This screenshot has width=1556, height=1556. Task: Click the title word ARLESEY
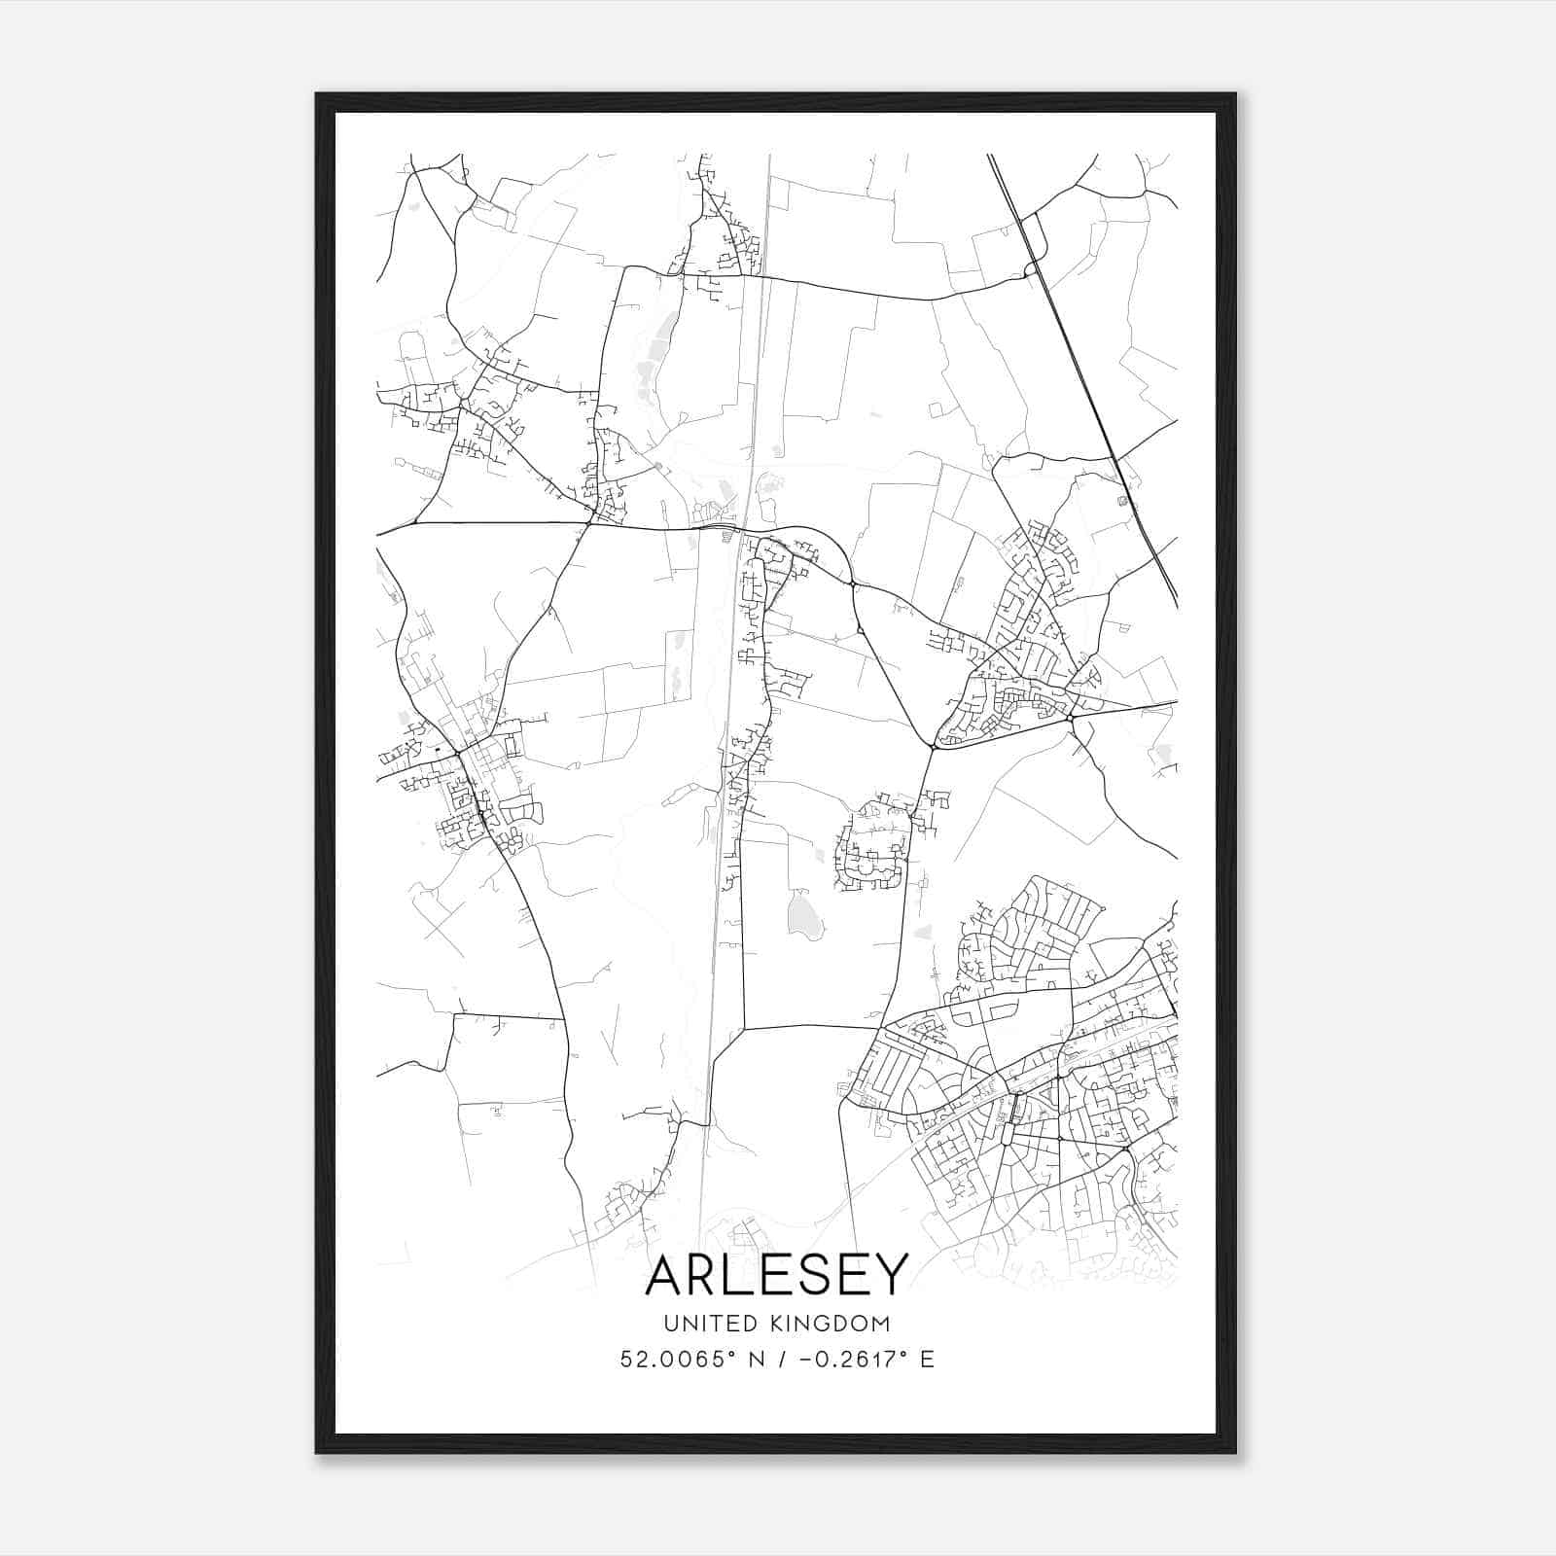pyautogui.click(x=776, y=1275)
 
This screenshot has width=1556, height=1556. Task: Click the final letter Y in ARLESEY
pyautogui.click(x=890, y=1275)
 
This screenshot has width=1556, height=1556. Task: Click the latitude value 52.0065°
pyautogui.click(x=673, y=1360)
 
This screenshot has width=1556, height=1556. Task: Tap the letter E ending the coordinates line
pyautogui.click(x=927, y=1360)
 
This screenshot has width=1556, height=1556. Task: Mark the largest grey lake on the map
pyautogui.click(x=803, y=914)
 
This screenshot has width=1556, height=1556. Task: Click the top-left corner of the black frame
pyautogui.click(x=318, y=95)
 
